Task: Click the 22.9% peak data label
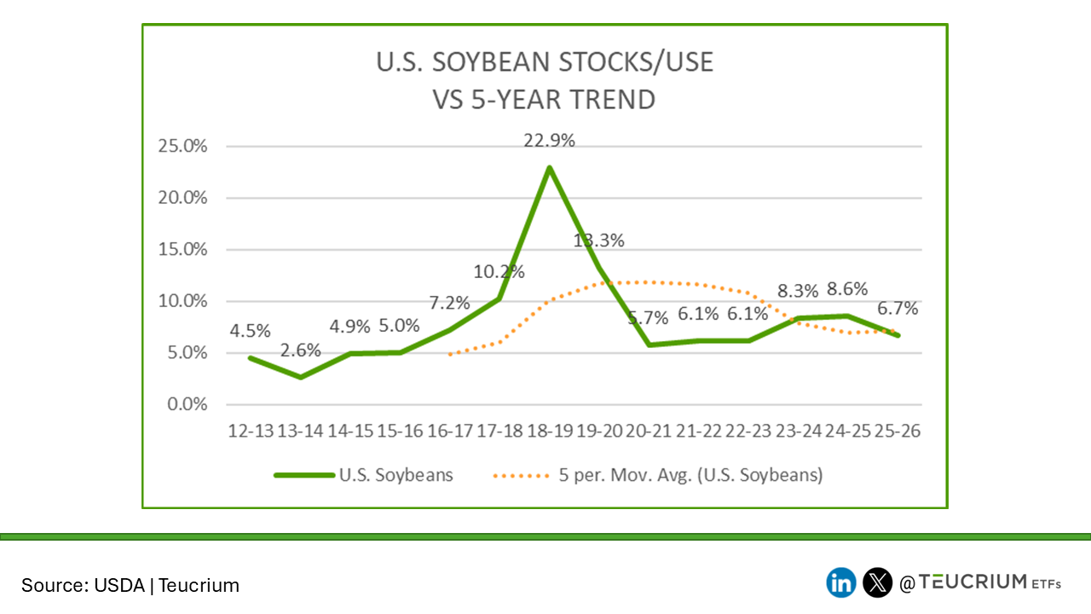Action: [x=549, y=141]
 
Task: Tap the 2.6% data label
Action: [x=300, y=350]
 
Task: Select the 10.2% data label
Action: [x=499, y=272]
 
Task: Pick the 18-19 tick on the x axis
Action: [x=549, y=432]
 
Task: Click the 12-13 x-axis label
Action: [x=251, y=432]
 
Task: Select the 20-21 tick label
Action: [x=649, y=432]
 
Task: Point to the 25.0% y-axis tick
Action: [x=182, y=146]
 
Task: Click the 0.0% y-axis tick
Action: [x=186, y=404]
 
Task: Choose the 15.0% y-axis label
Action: [x=182, y=249]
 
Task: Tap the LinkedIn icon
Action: [x=841, y=583]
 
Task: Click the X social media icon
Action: [x=877, y=583]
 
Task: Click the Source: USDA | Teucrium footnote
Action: [x=130, y=585]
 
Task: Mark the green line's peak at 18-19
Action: [x=550, y=167]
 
